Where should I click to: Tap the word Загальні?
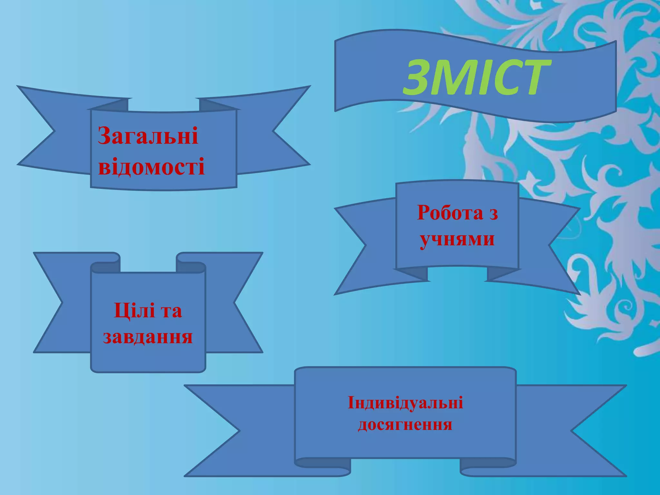[x=148, y=136]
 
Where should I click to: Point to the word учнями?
[x=457, y=240]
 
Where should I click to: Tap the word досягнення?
[x=405, y=424]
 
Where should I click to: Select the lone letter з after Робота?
[x=493, y=213]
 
